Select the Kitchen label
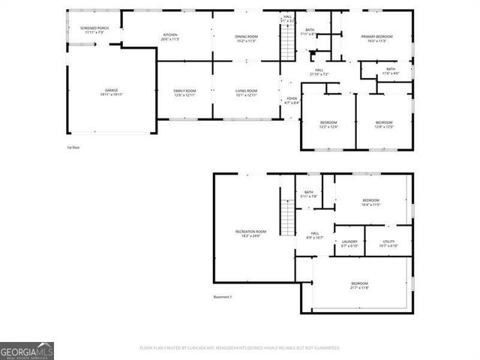(170, 37)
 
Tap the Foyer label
(292, 100)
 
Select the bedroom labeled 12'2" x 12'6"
(328, 124)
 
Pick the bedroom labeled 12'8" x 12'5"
(383, 124)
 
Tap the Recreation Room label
(250, 234)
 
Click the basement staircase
(286, 218)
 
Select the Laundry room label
(349, 244)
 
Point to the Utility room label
(388, 244)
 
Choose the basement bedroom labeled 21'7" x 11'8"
(359, 284)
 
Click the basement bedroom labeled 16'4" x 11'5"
(370, 202)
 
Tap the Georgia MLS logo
(26, 351)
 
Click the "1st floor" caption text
(73, 148)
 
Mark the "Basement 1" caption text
(223, 298)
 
